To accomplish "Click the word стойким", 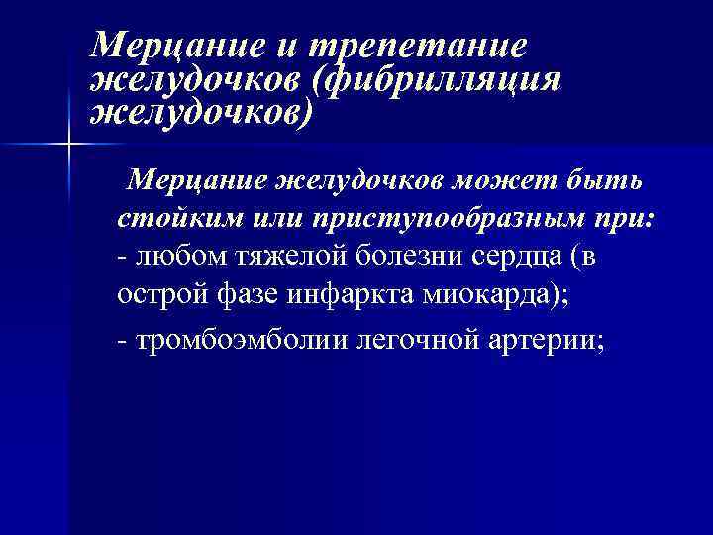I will tap(174, 219).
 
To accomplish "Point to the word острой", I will tap(157, 293).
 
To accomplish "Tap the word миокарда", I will tap(476, 293).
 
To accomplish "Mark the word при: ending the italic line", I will tap(626, 220).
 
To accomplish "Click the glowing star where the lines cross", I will tap(68, 147).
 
